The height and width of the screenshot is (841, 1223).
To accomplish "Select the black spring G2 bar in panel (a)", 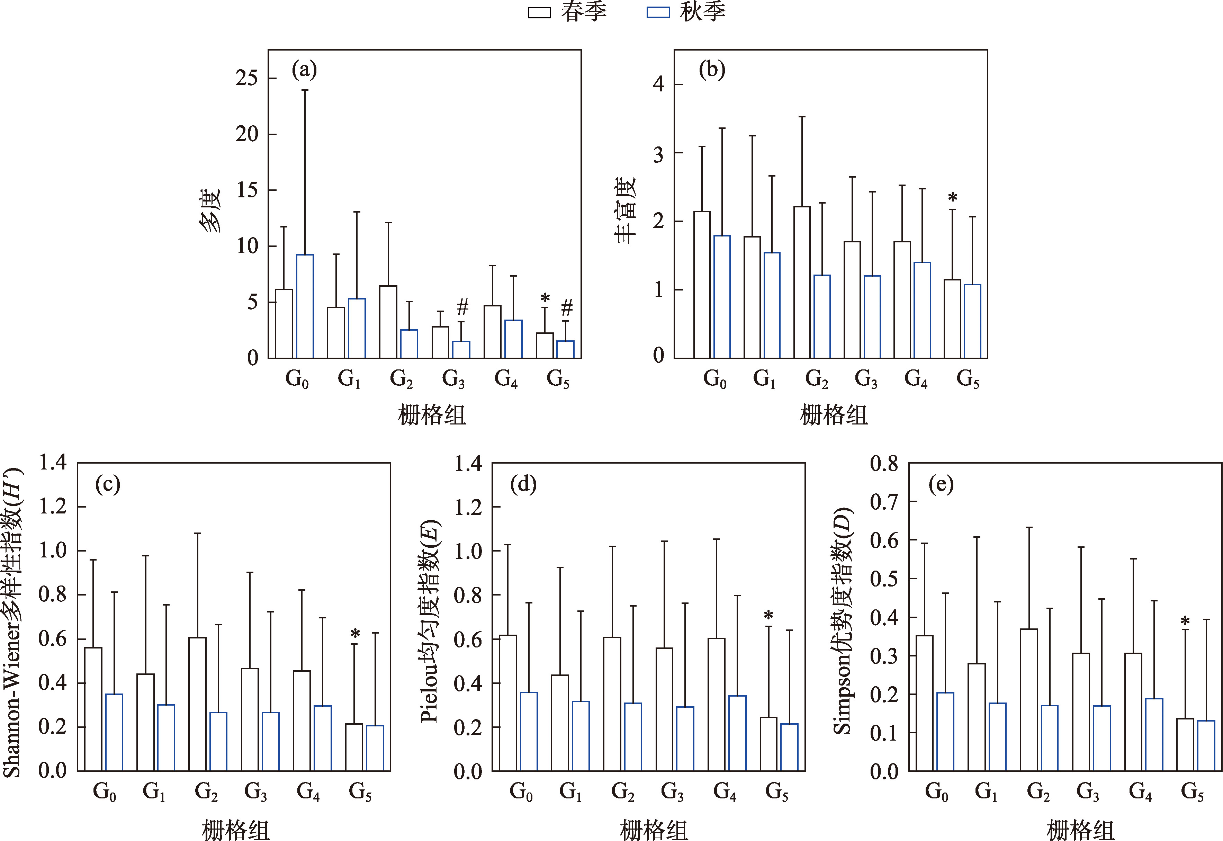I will [388, 322].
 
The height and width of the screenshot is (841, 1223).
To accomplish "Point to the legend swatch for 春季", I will [539, 13].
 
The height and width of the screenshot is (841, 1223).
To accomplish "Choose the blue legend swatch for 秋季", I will [658, 13].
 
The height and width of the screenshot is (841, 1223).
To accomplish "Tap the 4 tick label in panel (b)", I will [658, 84].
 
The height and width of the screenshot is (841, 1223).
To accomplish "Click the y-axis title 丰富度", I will [626, 210].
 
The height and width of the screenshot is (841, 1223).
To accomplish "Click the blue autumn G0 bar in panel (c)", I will [114, 732].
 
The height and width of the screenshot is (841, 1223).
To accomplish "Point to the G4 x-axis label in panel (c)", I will [308, 791].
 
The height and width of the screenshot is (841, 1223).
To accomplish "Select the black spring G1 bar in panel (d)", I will [560, 723].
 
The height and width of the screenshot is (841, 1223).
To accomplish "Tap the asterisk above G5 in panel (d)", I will [768, 616].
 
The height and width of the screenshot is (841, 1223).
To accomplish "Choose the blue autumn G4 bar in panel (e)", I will [1154, 735].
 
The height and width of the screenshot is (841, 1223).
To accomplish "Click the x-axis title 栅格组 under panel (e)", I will [1080, 830].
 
